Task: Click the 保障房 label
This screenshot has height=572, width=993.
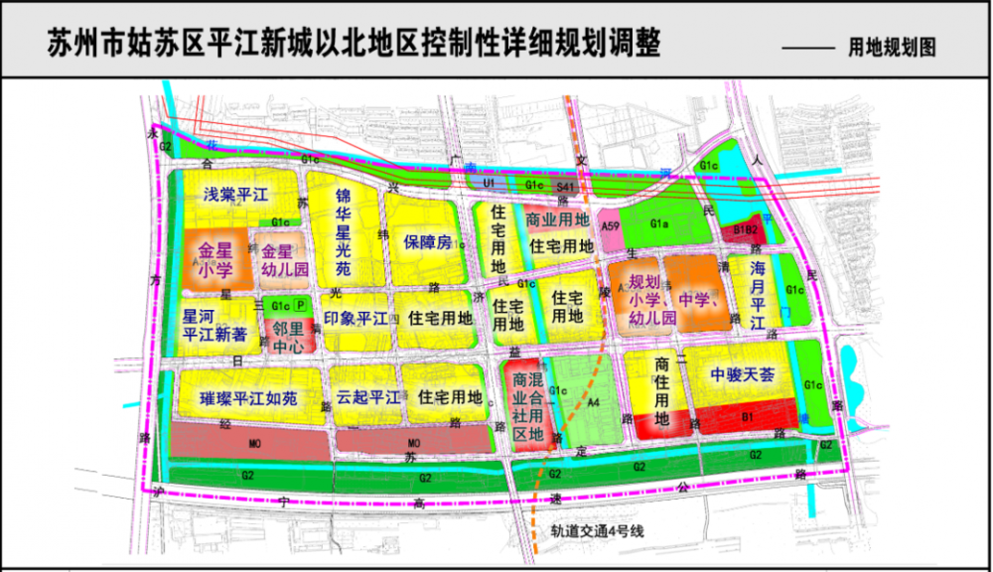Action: pyautogui.click(x=428, y=241)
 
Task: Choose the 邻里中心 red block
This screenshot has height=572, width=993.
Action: pyautogui.click(x=288, y=337)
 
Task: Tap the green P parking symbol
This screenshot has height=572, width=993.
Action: pyautogui.click(x=302, y=306)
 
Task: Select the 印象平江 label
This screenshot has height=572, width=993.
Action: pyautogui.click(x=355, y=319)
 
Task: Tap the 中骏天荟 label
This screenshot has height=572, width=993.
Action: pyautogui.click(x=743, y=374)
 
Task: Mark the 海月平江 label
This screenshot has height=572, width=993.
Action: pyautogui.click(x=757, y=295)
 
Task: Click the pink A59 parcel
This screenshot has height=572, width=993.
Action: pyautogui.click(x=610, y=229)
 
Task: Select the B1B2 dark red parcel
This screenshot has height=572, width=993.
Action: pyautogui.click(x=746, y=230)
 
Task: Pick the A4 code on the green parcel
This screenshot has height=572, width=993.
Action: pyautogui.click(x=595, y=402)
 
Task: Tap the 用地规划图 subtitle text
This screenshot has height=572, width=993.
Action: pyautogui.click(x=893, y=48)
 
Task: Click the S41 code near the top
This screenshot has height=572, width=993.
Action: pyautogui.click(x=565, y=186)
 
